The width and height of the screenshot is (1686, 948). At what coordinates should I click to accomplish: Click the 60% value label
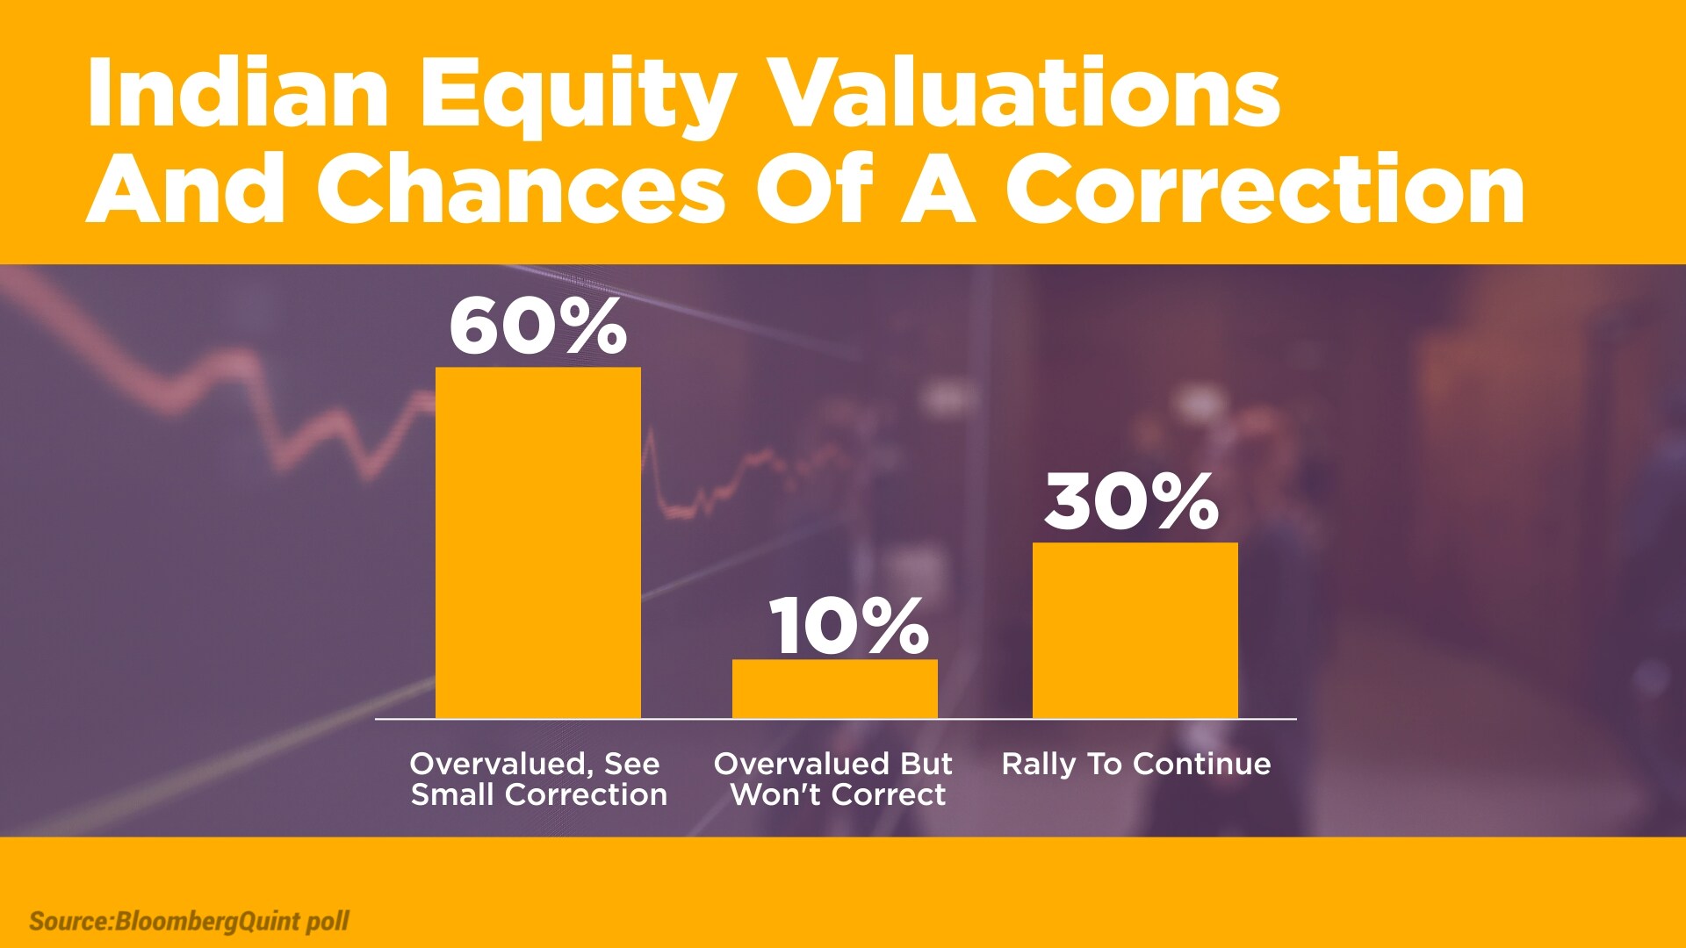[x=538, y=327]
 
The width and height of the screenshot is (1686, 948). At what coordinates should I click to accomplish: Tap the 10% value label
[x=849, y=626]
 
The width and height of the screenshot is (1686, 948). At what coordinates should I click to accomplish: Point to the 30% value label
[x=1132, y=501]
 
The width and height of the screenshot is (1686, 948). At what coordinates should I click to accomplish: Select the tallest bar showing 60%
[x=538, y=542]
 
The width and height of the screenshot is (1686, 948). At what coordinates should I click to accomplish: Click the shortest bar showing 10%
[x=835, y=689]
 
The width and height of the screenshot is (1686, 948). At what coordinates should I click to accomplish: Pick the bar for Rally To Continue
[x=1135, y=630]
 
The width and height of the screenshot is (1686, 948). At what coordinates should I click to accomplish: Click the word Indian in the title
[x=237, y=93]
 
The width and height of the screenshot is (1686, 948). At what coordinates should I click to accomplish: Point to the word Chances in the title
[x=521, y=189]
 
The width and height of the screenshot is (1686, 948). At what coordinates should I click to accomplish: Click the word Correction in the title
[x=1265, y=189]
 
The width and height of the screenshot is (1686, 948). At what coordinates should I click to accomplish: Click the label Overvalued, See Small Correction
[x=538, y=779]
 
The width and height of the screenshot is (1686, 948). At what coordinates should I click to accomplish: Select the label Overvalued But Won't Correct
[x=834, y=779]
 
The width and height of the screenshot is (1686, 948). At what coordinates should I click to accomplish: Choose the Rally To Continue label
[x=1136, y=765]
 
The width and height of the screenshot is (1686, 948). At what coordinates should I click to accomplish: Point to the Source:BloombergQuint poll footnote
[x=189, y=922]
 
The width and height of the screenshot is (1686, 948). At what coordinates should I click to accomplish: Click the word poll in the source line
[x=328, y=922]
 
